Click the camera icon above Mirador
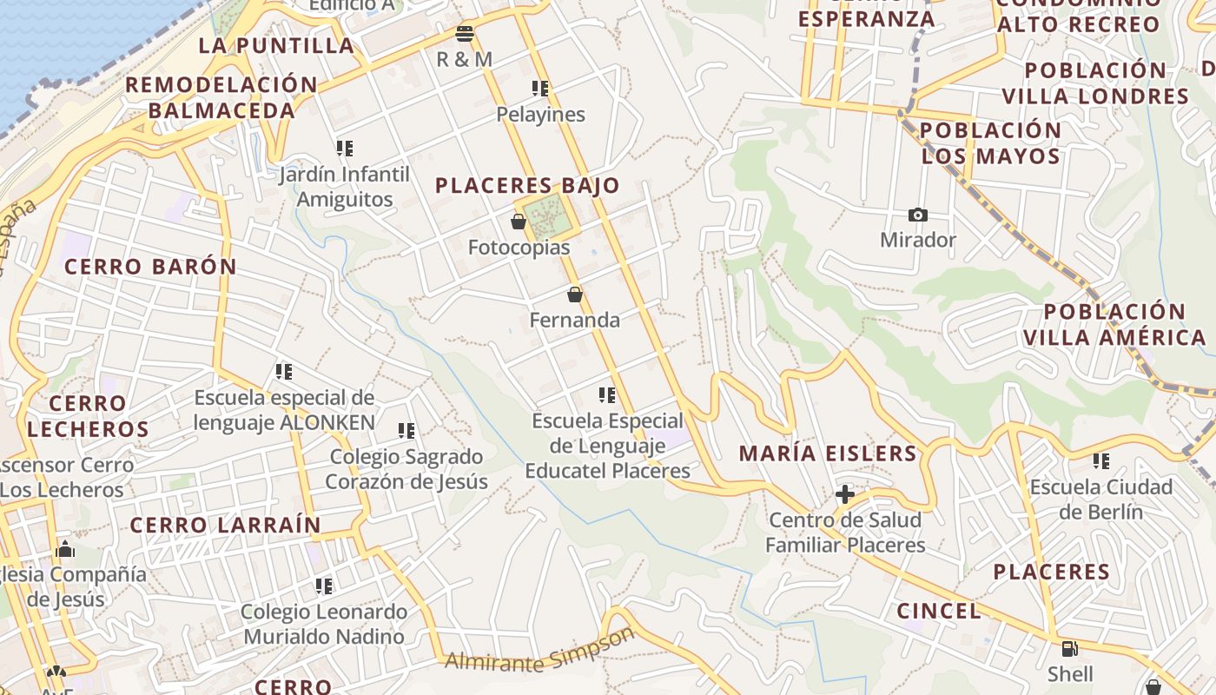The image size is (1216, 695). tap(917, 215)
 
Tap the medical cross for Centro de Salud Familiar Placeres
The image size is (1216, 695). tap(844, 494)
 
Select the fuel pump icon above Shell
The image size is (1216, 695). tap(1070, 648)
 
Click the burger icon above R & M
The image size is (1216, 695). tap(465, 34)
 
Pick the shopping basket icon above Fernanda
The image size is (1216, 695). tap(574, 295)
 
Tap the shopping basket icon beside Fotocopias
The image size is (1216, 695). tap(519, 222)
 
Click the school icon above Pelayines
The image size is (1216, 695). tap(540, 89)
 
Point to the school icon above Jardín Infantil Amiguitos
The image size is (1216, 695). tap(345, 149)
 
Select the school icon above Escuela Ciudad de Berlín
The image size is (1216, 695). tap(1101, 461)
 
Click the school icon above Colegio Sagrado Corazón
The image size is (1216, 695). tap(406, 431)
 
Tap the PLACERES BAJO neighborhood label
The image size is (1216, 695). tap(527, 185)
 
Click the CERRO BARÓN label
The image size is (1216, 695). tap(150, 267)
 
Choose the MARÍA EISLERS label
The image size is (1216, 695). tap(828, 453)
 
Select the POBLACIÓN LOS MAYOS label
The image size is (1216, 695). tap(990, 143)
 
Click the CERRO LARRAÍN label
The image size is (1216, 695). tap(226, 525)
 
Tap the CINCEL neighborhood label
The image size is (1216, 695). tap(939, 611)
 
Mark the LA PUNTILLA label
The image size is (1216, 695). tap(276, 45)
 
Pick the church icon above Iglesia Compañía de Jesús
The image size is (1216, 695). tap(64, 549)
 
